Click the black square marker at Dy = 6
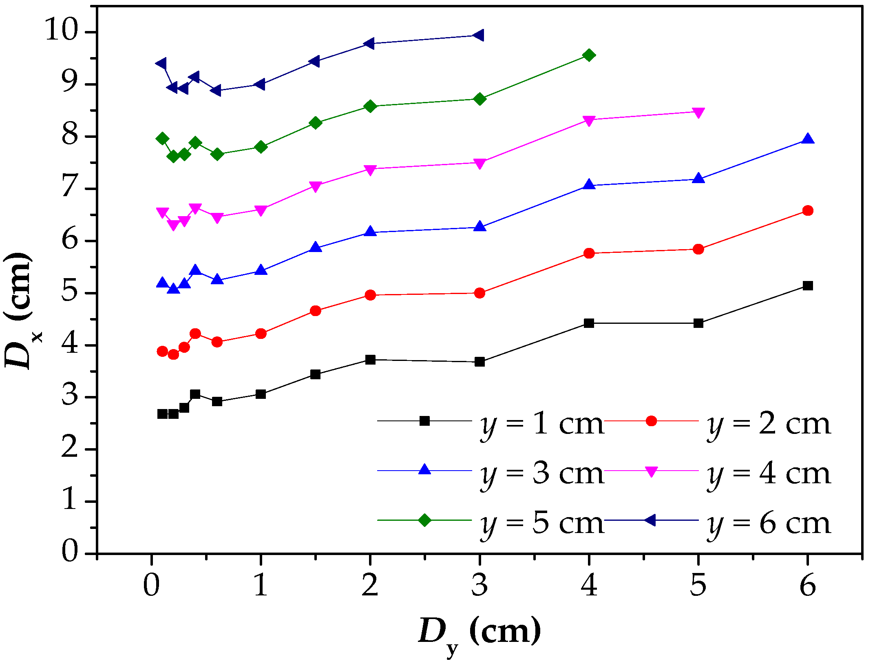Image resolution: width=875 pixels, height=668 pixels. pos(808,286)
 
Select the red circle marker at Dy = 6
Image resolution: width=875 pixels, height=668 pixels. pos(808,211)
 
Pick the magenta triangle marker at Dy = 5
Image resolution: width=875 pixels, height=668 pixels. pos(698,113)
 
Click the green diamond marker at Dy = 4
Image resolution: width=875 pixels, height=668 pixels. pos(589,55)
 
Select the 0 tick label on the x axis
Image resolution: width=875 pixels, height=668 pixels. pos(151,586)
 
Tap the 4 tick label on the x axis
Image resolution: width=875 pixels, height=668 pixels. pos(589,586)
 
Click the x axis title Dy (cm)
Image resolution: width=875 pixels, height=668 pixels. pos(479,633)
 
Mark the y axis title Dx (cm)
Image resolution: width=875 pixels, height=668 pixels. pos(20,310)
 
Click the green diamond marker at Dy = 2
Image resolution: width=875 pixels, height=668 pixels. pos(370,106)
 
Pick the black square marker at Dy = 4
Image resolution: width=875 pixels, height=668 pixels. pos(589,323)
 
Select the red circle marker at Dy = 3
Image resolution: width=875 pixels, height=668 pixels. pos(480,293)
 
